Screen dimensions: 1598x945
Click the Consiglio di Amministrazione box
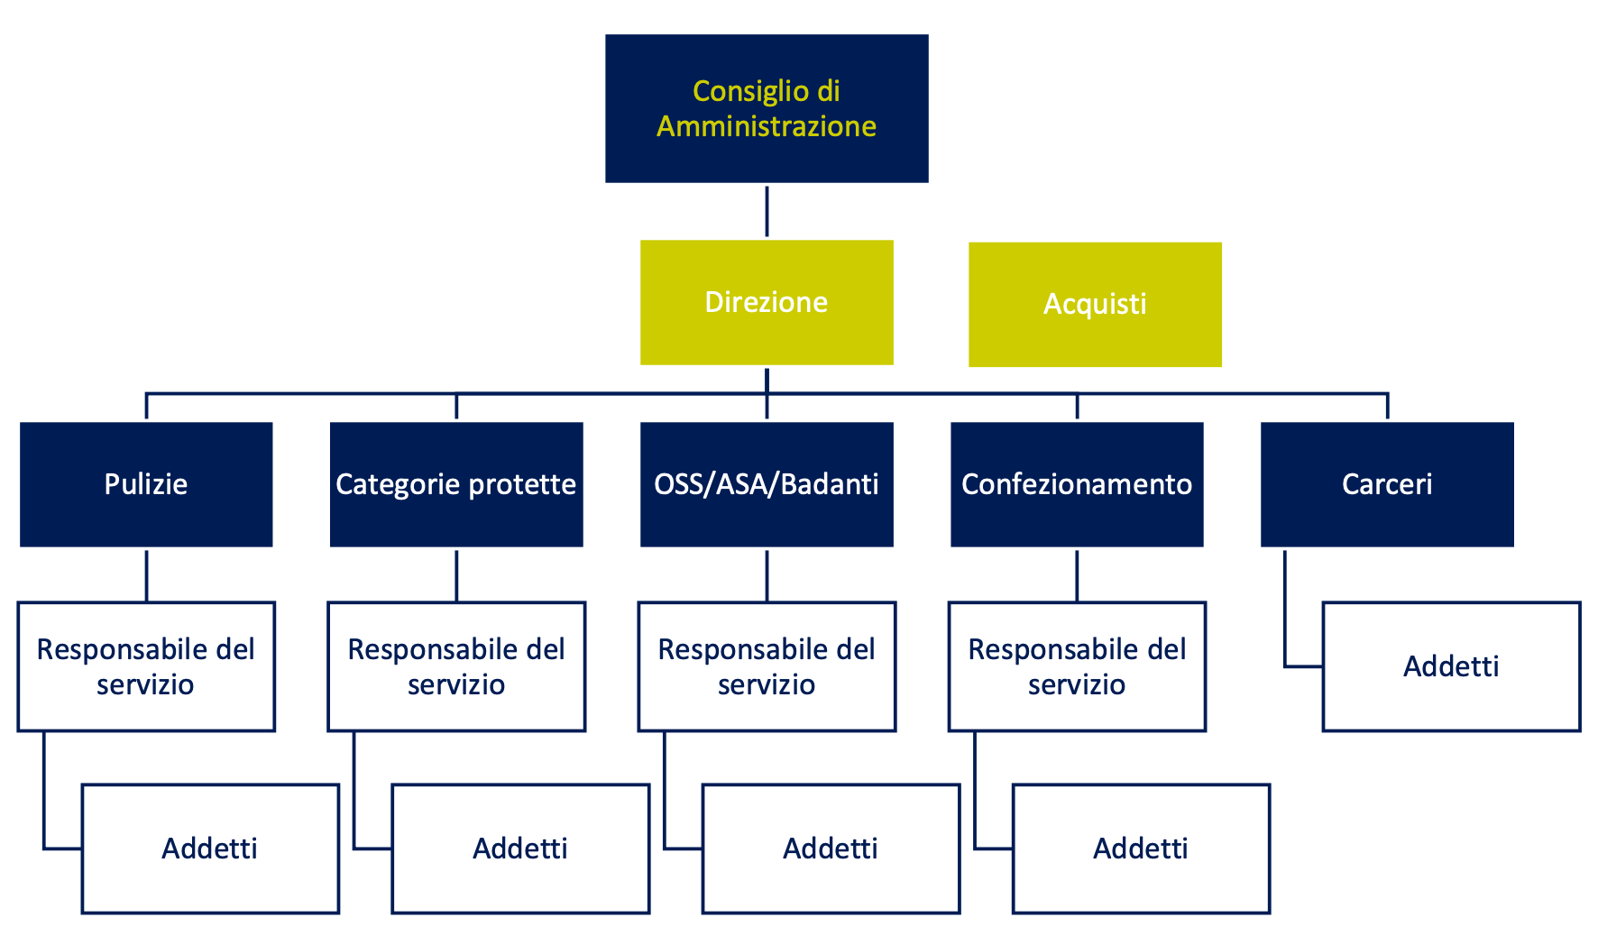[x=767, y=108]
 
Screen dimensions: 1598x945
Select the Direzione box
[x=767, y=302]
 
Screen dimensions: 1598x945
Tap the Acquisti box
[x=1095, y=304]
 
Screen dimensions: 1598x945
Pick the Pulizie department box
[x=146, y=484]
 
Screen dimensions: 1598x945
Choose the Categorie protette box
[x=456, y=484]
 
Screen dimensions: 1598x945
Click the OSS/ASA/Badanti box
[x=767, y=484]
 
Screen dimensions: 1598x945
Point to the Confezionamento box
[x=1077, y=484]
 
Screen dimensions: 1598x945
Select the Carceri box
[x=1387, y=484]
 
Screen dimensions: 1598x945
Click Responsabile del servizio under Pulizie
[x=146, y=666]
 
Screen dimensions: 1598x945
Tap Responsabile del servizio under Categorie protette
[x=456, y=666]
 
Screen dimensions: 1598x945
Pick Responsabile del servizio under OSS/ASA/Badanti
[x=767, y=666]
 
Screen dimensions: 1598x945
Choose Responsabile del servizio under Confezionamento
[x=1077, y=666]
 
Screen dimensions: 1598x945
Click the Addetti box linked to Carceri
[x=1451, y=666]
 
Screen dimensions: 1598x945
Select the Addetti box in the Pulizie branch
[x=210, y=849]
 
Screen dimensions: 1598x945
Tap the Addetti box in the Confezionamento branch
[x=1141, y=849]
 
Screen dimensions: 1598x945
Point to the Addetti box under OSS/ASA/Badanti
[x=831, y=849]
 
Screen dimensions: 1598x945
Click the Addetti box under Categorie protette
[x=520, y=849]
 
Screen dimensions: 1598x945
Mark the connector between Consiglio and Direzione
[x=767, y=212]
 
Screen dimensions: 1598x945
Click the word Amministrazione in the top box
[x=767, y=126]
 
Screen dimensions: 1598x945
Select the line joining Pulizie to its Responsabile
[x=146, y=575]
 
